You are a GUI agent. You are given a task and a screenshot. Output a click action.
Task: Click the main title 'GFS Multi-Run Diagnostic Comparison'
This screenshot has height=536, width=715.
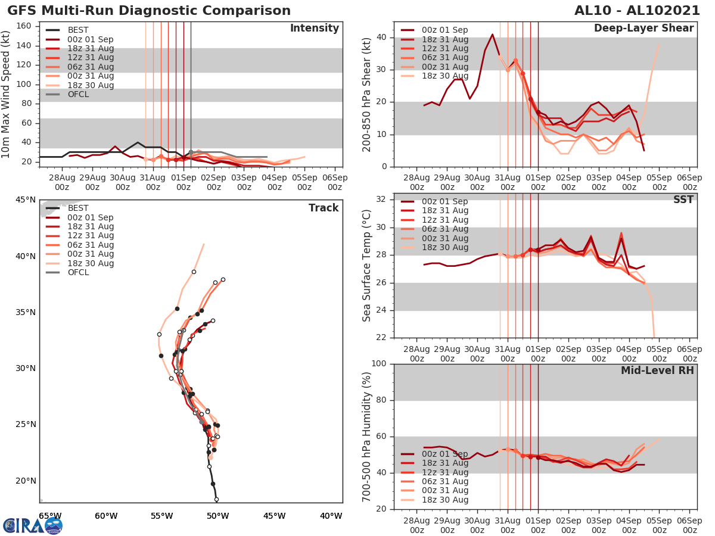point(149,11)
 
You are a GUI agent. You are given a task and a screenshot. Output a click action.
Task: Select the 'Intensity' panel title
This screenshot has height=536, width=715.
point(314,29)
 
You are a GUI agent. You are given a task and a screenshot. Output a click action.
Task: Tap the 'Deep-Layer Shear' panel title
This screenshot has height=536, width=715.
point(643,29)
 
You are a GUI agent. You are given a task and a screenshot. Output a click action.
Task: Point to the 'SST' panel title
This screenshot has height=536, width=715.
point(684,200)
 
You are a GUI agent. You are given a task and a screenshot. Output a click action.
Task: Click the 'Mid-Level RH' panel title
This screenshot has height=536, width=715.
point(657,370)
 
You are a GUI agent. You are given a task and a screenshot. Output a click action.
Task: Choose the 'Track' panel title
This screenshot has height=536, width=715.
point(324,208)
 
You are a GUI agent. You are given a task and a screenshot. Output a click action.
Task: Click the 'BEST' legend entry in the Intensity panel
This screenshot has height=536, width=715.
point(77,30)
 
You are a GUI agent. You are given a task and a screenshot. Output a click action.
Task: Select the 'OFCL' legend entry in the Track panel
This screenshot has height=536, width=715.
point(78,272)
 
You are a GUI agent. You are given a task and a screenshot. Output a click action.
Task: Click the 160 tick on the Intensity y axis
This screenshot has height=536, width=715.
point(24,26)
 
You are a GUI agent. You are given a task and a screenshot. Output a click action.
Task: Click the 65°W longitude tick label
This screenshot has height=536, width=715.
point(50,516)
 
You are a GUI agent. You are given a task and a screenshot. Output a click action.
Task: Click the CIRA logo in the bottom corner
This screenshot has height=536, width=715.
point(32,525)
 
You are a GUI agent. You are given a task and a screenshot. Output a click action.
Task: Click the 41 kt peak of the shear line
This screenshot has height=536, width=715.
point(492,35)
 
